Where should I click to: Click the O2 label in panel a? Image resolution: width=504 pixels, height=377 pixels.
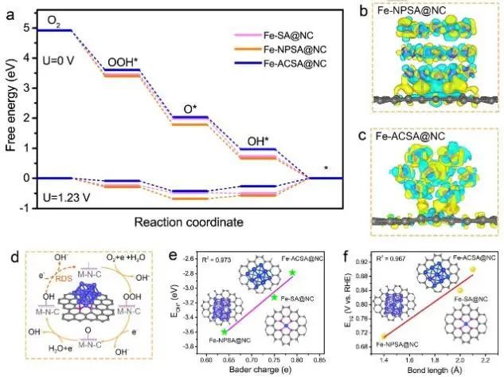pos(55,18)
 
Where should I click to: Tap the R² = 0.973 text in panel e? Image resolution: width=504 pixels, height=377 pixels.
pos(221,260)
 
